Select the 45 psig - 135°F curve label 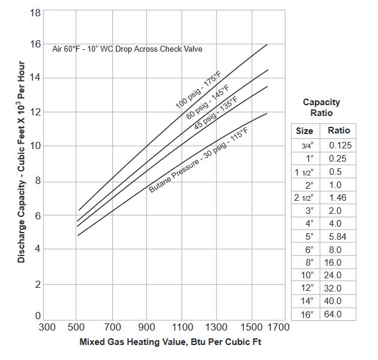tap(215, 112)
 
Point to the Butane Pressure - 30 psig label tap(198, 160)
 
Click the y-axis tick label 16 tap(35, 44)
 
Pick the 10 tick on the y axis tap(35, 146)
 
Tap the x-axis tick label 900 tap(147, 327)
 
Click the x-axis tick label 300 tap(47, 327)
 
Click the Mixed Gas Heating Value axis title tap(170, 343)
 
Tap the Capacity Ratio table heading tap(322, 108)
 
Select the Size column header tap(305, 130)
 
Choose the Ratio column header tap(339, 130)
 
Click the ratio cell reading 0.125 tap(340, 145)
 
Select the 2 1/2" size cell tap(304, 197)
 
